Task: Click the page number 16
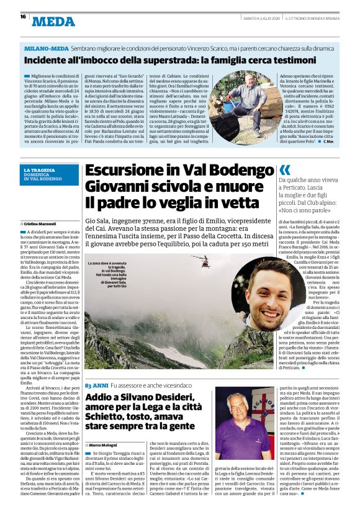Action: coord(14,17)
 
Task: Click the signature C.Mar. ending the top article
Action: coord(331,142)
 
